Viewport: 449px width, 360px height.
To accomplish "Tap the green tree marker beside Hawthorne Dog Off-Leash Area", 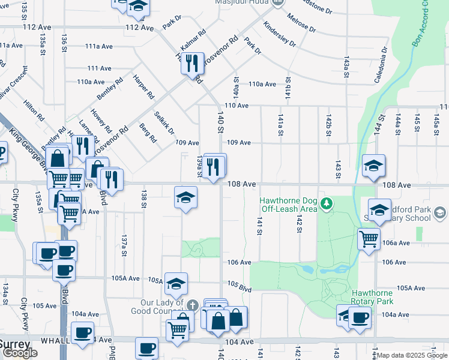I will [x=326, y=205].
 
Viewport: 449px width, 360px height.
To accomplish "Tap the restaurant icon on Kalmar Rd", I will [x=191, y=62].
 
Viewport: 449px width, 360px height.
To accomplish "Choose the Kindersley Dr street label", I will [x=280, y=35].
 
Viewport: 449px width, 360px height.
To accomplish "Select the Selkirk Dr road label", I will [x=164, y=123].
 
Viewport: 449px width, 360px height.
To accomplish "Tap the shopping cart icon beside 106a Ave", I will [x=369, y=238].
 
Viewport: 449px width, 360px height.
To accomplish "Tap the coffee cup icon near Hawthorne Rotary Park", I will [x=360, y=317].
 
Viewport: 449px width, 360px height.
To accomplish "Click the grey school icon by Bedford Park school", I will [x=440, y=214].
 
